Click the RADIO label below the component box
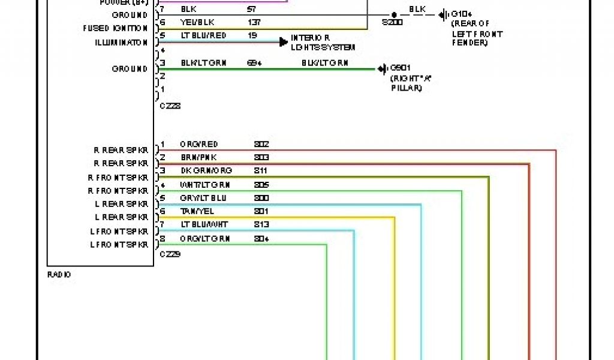(59, 275)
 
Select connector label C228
(170, 106)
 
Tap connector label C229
(170, 254)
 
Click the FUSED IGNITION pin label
(115, 28)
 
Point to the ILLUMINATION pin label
(121, 43)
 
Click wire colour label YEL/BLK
(197, 23)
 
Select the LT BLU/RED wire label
(203, 36)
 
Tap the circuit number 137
(254, 23)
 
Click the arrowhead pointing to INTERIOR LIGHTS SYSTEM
(284, 42)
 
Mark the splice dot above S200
(394, 15)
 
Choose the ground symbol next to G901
(382, 69)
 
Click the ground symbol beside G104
(443, 15)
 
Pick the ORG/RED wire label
(198, 145)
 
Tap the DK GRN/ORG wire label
(206, 171)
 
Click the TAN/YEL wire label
(197, 211)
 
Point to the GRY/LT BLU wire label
(203, 198)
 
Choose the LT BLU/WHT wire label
(203, 224)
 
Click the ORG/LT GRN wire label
(204, 238)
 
